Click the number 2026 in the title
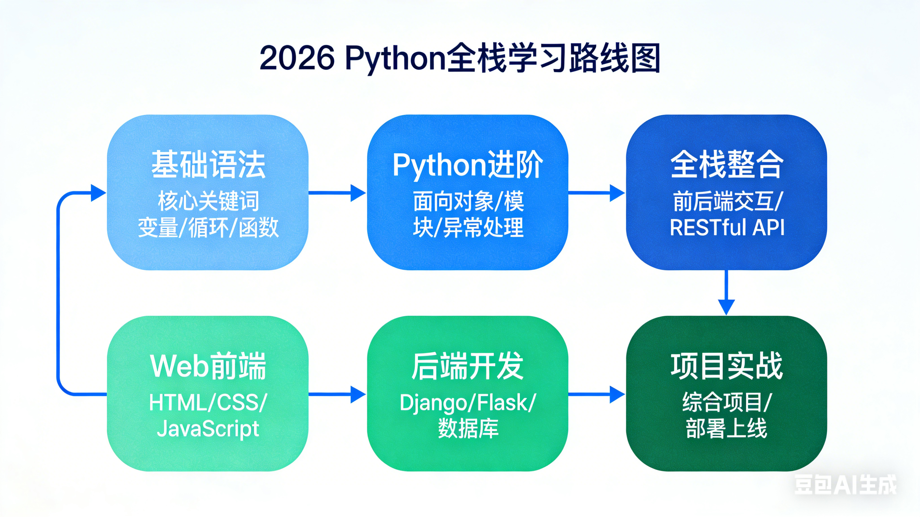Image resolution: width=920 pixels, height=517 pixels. pos(297,58)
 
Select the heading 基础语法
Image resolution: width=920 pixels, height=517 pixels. pos(208,165)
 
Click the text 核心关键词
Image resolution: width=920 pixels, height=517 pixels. pos(208,201)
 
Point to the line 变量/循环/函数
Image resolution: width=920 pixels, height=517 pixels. pos(208,227)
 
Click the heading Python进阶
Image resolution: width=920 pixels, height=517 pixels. pos(468,165)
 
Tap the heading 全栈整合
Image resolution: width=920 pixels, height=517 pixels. pos(727,165)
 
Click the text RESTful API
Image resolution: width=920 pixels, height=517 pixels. pos(727,227)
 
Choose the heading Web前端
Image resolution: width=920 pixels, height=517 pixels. pos(208,366)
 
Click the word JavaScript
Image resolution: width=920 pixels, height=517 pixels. pos(208,428)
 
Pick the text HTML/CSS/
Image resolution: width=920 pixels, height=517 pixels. pos(208,402)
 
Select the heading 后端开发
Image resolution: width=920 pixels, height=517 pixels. pos(468,366)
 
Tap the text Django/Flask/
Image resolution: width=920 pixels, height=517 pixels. pos(468,402)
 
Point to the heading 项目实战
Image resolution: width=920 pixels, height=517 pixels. pos(727,366)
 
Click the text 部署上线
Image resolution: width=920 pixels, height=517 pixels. pos(727,428)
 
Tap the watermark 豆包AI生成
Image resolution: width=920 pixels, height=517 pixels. pos(845,485)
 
